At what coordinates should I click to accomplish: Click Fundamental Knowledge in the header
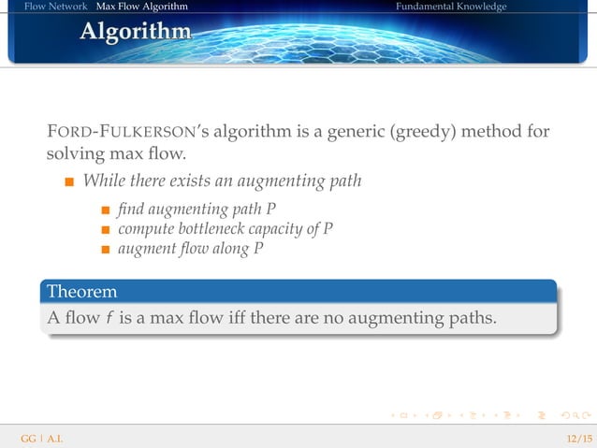click(x=450, y=7)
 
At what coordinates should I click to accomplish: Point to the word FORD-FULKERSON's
click(x=120, y=132)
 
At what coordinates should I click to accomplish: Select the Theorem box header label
click(x=82, y=292)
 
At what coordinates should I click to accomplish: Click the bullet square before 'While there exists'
click(x=69, y=181)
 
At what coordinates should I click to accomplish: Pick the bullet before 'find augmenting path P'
click(x=107, y=209)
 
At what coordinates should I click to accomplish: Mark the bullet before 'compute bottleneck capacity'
click(x=107, y=229)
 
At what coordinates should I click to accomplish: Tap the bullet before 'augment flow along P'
click(x=107, y=250)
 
